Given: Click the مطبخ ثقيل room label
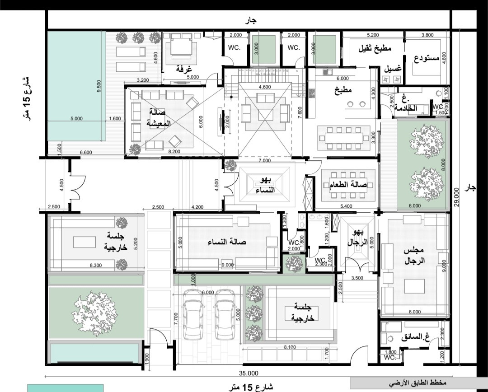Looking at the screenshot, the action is [x=375, y=48].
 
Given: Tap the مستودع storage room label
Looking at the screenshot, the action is [x=427, y=58].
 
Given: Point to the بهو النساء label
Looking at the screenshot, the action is [x=265, y=185].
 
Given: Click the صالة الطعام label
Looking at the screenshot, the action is [x=348, y=185].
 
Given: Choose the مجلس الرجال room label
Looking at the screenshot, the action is [x=414, y=256].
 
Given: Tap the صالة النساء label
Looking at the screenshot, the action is [x=226, y=242].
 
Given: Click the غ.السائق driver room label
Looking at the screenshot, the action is [x=415, y=337].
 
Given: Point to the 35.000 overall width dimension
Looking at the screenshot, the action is [x=249, y=373].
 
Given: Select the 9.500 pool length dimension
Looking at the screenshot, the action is [x=99, y=86].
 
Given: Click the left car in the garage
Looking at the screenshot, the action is [x=193, y=314].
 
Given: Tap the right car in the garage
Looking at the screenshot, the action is [x=225, y=314].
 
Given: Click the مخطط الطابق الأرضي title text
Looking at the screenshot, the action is [x=418, y=383].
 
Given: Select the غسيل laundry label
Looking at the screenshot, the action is [x=393, y=69].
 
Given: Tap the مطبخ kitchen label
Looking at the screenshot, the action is [x=343, y=90].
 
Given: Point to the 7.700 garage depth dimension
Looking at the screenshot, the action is [x=176, y=318].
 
